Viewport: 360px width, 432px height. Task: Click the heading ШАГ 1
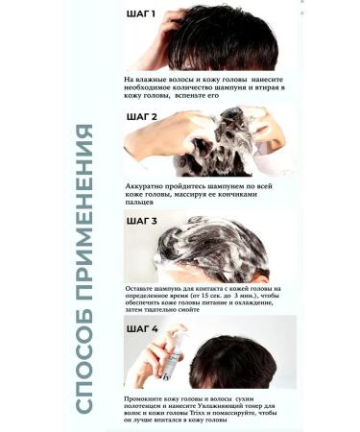(x=146, y=15)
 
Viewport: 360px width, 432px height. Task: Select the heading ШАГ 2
(x=147, y=116)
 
